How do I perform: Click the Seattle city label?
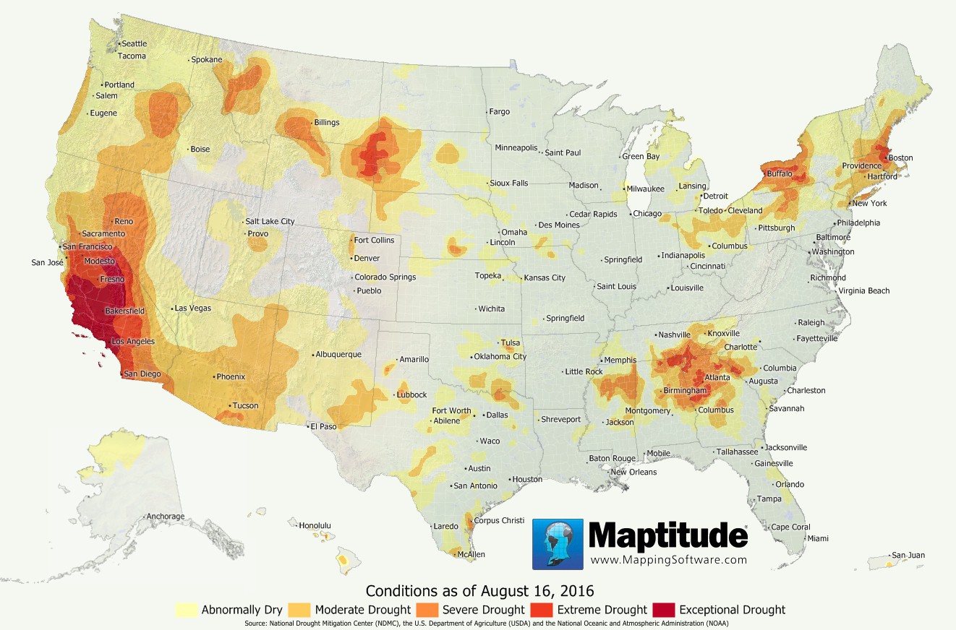pyautogui.click(x=134, y=44)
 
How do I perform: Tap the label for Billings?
pyautogui.click(x=326, y=123)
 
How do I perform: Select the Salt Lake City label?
pyautogui.click(x=270, y=222)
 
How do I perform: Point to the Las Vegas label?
pyautogui.click(x=192, y=308)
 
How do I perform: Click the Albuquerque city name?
pyautogui.click(x=338, y=355)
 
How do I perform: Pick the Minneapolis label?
pyautogui.click(x=516, y=148)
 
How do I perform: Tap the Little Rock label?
pyautogui.click(x=584, y=372)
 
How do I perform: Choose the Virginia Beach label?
pyautogui.click(x=864, y=291)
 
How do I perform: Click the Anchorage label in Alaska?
pyautogui.click(x=165, y=517)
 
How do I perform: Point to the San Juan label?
pyautogui.click(x=908, y=556)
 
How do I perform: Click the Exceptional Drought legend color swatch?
pyautogui.click(x=663, y=610)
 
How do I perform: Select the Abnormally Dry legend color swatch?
pyautogui.click(x=187, y=610)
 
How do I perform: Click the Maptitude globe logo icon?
pyautogui.click(x=558, y=544)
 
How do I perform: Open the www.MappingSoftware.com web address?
pyautogui.click(x=668, y=560)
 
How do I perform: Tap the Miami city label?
pyautogui.click(x=818, y=539)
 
